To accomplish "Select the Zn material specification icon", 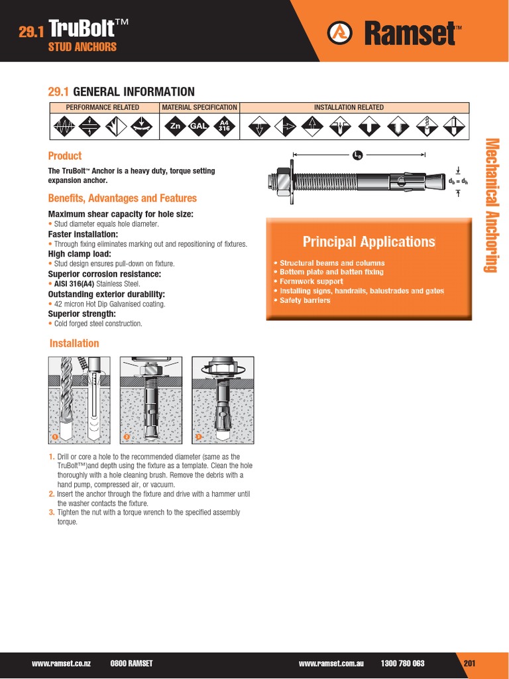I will [x=176, y=125].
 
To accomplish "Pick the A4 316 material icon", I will [x=223, y=125].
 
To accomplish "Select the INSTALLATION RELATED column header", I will [x=353, y=107].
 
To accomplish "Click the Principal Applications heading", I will [x=368, y=241].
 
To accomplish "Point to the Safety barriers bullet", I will [x=304, y=300].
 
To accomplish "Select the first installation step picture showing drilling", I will [x=78, y=400].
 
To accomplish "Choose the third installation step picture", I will [x=222, y=400].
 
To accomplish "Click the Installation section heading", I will [x=74, y=343].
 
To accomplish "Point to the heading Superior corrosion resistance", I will [x=105, y=274].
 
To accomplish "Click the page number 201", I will [x=470, y=663].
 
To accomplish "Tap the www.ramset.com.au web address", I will [x=331, y=663].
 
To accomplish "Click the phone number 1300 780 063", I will [x=402, y=663].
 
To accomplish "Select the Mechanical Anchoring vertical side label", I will [x=491, y=206].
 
